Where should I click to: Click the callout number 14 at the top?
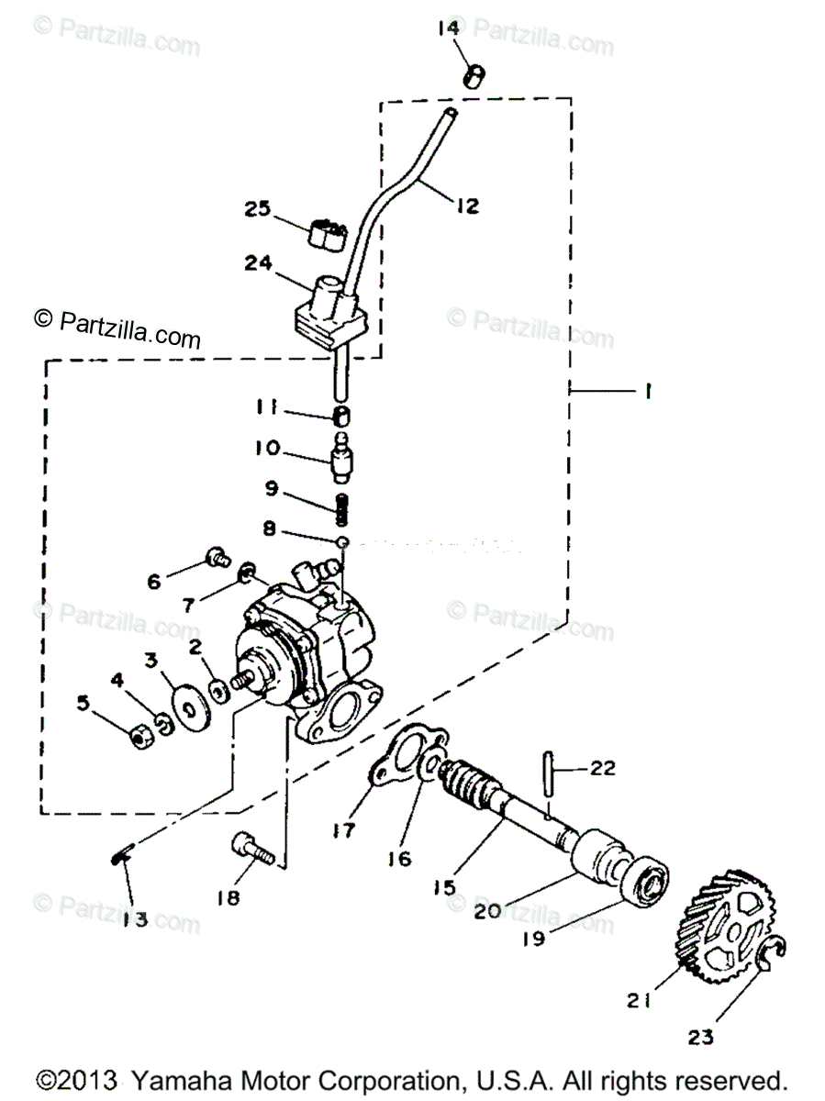(448, 29)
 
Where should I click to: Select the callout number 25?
(259, 209)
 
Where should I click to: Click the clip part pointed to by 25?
(328, 235)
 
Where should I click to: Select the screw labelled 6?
(217, 555)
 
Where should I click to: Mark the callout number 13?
(136, 919)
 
